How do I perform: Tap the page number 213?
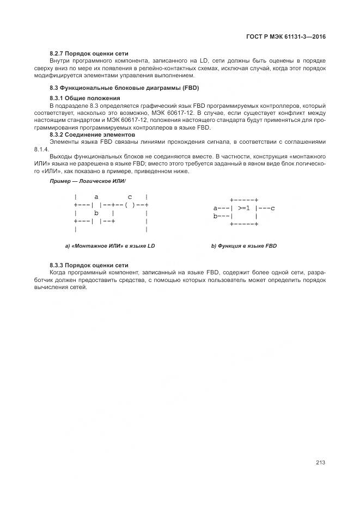(x=320, y=463)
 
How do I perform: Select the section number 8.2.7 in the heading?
(x=57, y=54)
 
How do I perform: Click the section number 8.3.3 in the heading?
(x=57, y=265)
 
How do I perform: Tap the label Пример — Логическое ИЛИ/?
(x=88, y=180)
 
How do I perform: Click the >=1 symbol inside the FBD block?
(x=243, y=208)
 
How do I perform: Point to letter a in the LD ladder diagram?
(x=96, y=197)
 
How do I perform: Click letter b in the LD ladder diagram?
(x=96, y=213)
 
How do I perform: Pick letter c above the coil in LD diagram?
(x=130, y=197)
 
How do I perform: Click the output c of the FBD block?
(x=272, y=208)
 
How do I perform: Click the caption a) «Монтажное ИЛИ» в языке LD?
(x=110, y=246)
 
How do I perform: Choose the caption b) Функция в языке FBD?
(x=244, y=246)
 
